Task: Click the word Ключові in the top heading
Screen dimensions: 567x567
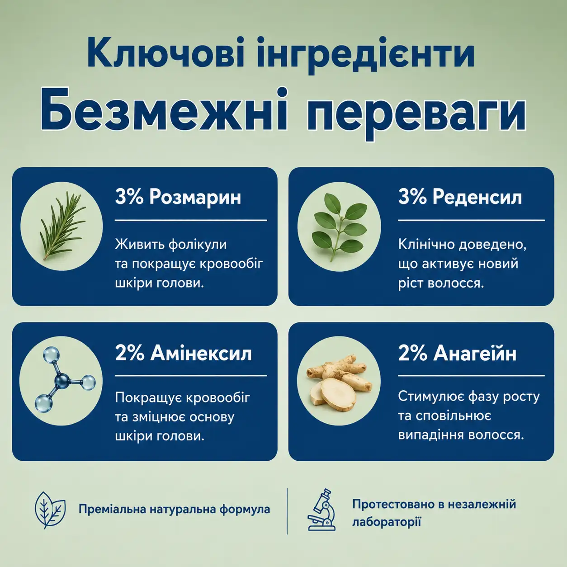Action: (165, 53)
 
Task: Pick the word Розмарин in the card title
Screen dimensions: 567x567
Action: (195, 197)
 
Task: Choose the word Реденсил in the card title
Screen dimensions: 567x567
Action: (477, 197)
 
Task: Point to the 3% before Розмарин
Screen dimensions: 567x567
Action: (129, 197)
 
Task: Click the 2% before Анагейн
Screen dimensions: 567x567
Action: (412, 353)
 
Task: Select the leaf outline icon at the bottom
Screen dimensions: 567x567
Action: (50, 510)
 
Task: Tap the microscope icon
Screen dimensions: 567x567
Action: (321, 510)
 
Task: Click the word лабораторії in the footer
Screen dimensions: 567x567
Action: (387, 522)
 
